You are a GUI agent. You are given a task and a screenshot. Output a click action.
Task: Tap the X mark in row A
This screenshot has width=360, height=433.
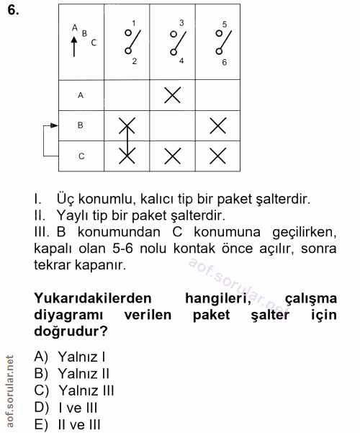pos(172,94)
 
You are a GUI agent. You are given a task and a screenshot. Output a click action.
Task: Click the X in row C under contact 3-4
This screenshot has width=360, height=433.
pos(172,155)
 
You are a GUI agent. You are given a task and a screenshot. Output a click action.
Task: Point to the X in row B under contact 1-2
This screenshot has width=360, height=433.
pos(127,125)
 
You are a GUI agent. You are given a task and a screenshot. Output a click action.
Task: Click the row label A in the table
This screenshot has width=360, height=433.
pos(81,94)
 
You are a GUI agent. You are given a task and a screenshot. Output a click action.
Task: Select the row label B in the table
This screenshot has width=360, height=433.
pos(81,125)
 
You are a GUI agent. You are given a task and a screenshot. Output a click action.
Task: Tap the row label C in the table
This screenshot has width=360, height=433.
pos(81,155)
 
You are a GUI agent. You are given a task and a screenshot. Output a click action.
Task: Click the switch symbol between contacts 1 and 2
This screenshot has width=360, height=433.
pos(130,43)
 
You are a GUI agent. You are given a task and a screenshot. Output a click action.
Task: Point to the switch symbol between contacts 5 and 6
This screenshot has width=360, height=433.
pos(221,43)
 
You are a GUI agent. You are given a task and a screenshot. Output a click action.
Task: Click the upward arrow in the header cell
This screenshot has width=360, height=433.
pos(74,48)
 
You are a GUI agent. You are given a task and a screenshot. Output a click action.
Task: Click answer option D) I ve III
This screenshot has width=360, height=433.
pos(69,407)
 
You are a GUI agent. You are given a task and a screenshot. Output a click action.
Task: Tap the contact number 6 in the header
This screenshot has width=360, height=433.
pos(224,63)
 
